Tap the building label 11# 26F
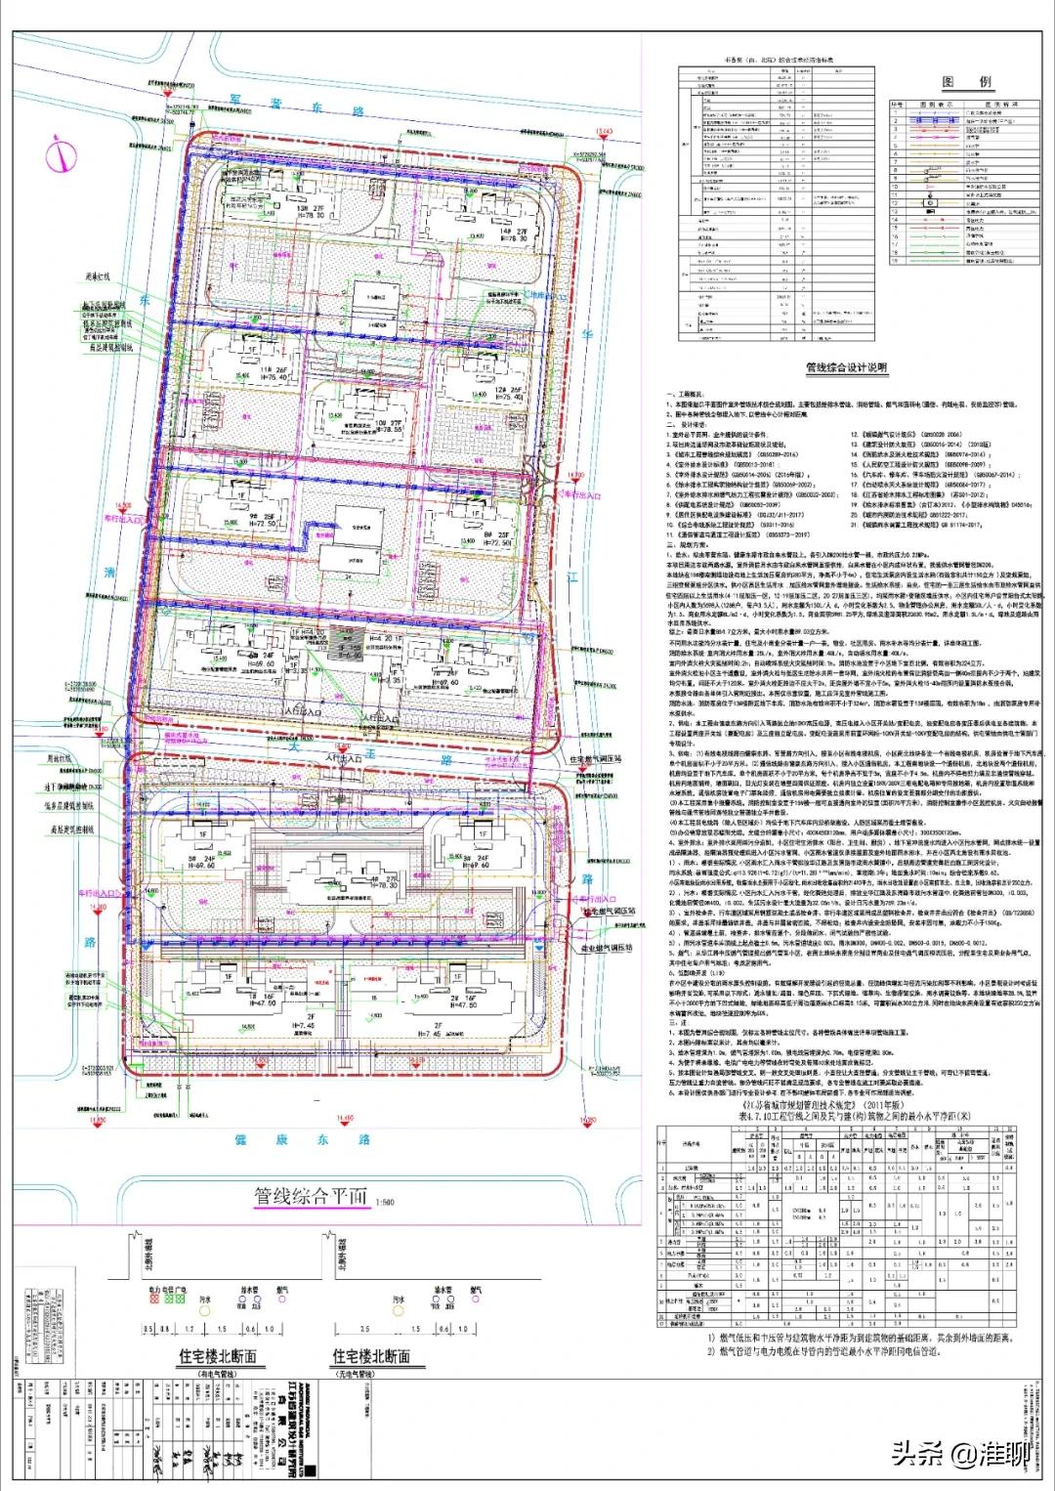click(x=273, y=372)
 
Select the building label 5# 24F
click(x=202, y=860)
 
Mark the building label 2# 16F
click(x=459, y=999)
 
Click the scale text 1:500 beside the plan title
click(x=386, y=1202)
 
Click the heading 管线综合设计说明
click(x=846, y=368)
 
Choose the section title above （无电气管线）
click(x=371, y=1356)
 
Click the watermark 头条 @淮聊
click(x=957, y=1454)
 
